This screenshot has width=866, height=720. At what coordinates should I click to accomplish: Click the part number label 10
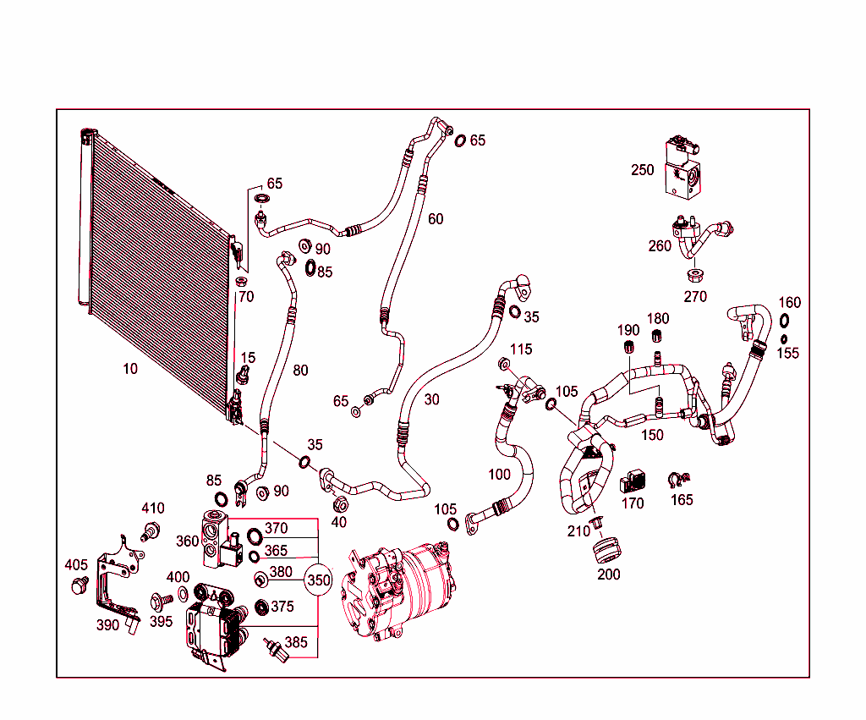[129, 368]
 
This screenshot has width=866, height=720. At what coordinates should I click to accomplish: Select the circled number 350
[318, 580]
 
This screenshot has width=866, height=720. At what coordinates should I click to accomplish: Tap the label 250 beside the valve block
[642, 170]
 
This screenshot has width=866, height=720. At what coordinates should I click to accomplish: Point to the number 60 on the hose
[435, 219]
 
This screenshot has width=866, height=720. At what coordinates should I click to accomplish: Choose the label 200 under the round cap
[608, 574]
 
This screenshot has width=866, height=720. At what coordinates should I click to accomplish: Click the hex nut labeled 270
[693, 276]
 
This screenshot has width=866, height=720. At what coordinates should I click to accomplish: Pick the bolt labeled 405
[81, 584]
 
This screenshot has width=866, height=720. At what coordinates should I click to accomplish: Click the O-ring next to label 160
[784, 321]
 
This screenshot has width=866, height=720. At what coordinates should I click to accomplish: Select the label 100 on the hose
[500, 475]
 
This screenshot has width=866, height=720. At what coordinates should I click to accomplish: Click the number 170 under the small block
[633, 504]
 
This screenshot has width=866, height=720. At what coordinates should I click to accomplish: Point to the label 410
[152, 508]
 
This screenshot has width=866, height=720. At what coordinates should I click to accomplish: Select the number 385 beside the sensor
[296, 642]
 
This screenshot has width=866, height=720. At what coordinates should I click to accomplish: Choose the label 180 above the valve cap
[658, 319]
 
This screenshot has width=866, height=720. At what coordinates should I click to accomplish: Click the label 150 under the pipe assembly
[652, 435]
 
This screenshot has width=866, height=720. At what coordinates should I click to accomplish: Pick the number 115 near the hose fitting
[521, 349]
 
